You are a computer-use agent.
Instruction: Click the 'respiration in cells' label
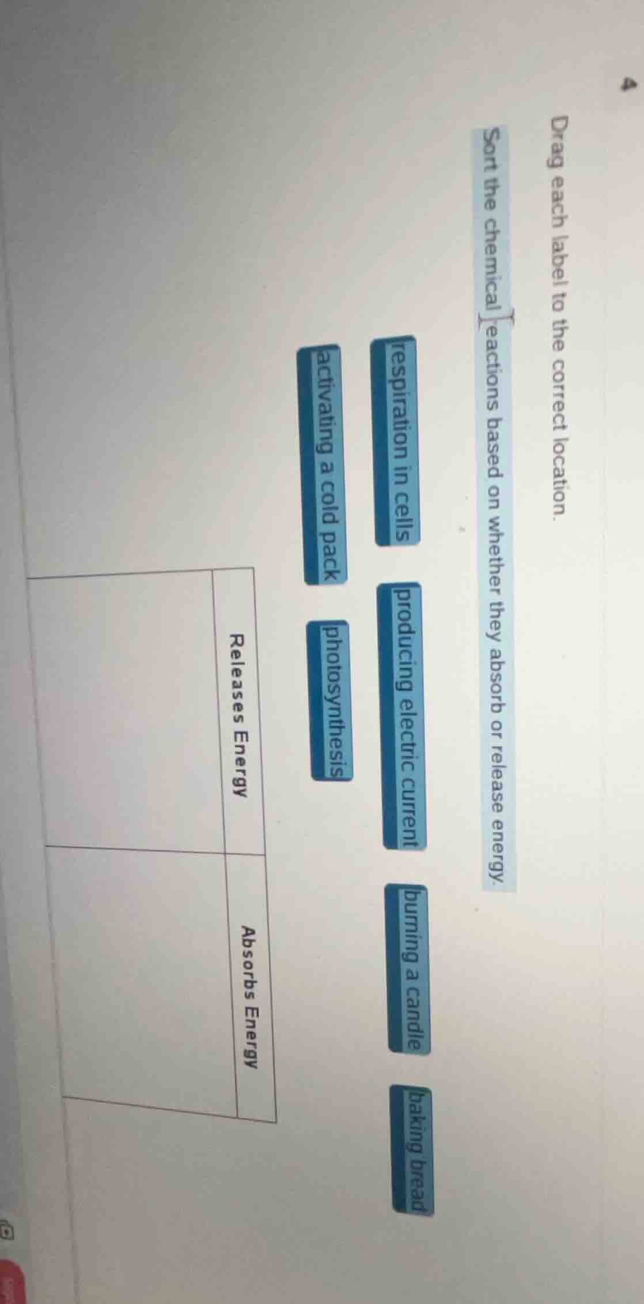click(x=397, y=440)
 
